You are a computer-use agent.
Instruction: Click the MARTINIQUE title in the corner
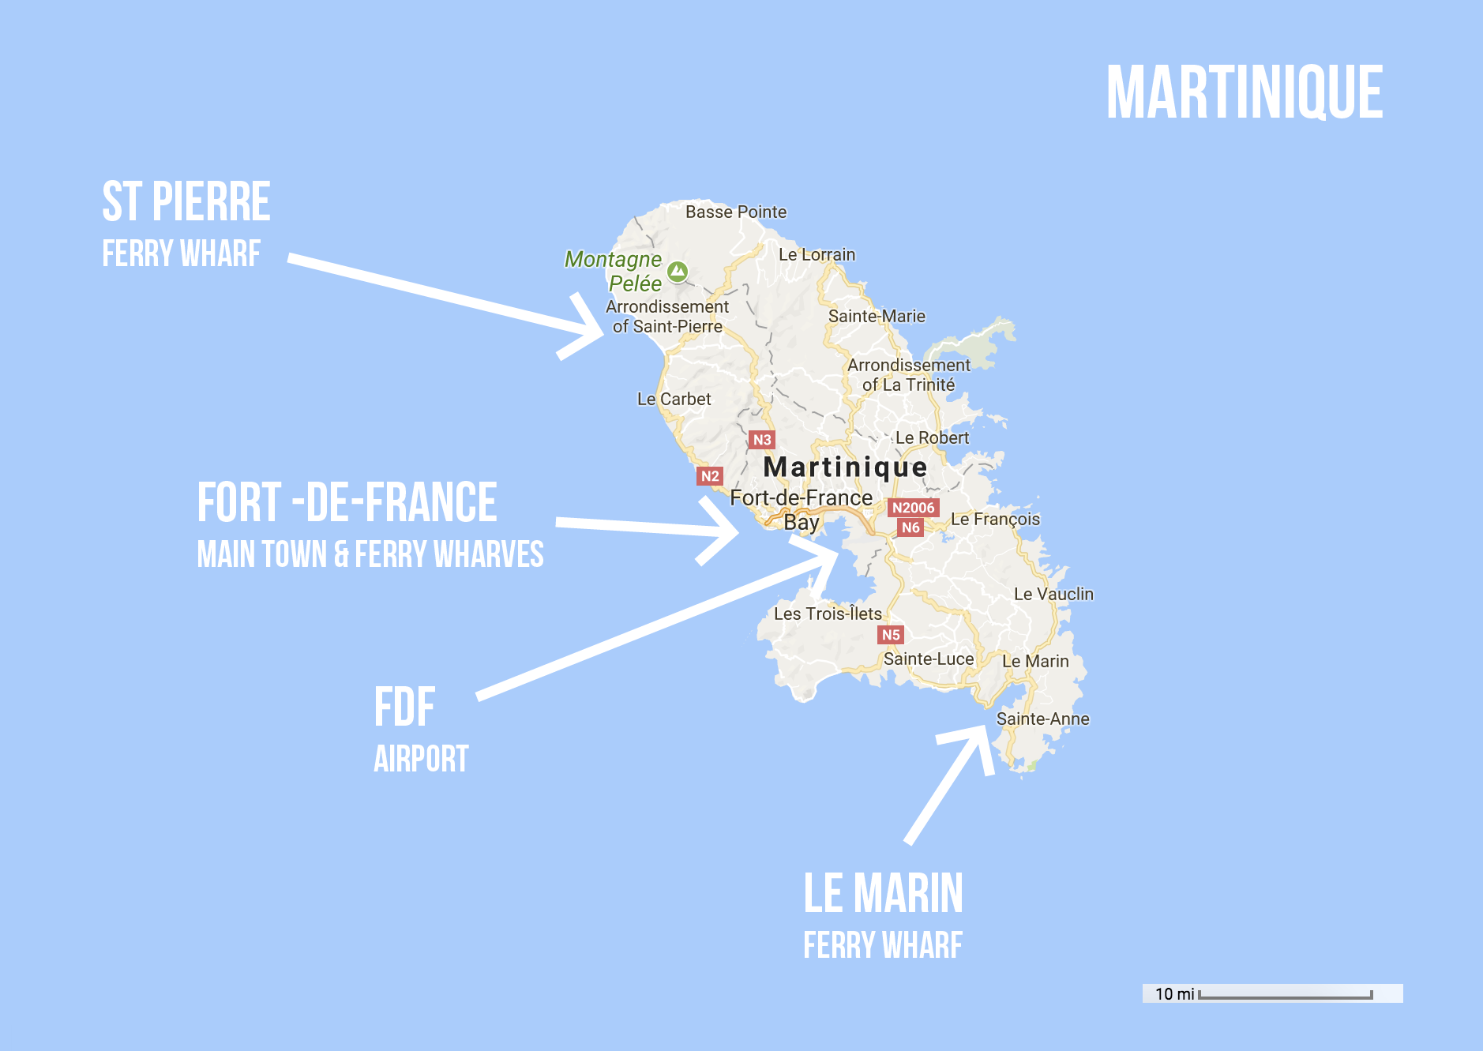(x=1244, y=92)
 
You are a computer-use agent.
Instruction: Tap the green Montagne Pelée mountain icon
(x=677, y=272)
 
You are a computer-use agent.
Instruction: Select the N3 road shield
(x=761, y=440)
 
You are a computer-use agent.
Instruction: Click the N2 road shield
(x=710, y=476)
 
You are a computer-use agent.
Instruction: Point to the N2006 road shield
(x=913, y=508)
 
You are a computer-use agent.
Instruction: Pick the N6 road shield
(x=910, y=527)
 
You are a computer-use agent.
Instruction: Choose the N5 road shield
(x=890, y=635)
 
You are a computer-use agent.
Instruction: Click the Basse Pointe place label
(x=735, y=212)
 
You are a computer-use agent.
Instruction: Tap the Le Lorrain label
(x=817, y=254)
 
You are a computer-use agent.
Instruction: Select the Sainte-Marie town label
(x=876, y=316)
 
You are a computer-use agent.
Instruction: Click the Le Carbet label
(x=674, y=399)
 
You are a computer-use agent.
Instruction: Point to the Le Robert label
(x=931, y=437)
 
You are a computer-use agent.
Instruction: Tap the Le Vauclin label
(x=1053, y=594)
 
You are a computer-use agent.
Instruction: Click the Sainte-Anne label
(x=1042, y=719)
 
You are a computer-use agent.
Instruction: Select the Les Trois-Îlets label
(x=827, y=614)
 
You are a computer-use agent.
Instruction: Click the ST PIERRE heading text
(x=186, y=201)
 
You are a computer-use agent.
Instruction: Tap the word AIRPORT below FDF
(x=421, y=759)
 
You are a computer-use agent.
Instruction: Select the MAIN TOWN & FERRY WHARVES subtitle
(x=370, y=554)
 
